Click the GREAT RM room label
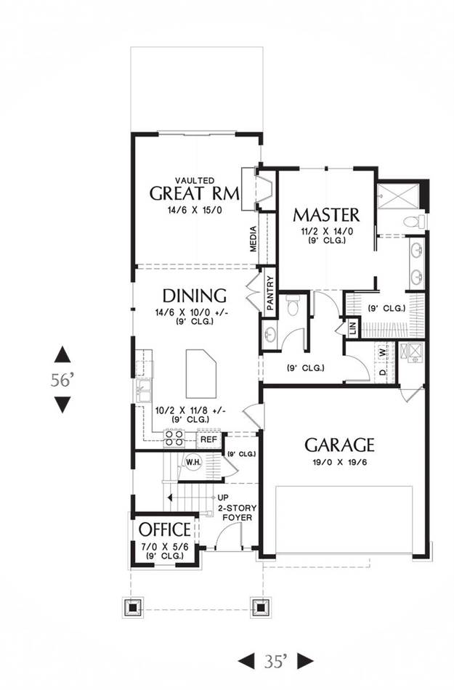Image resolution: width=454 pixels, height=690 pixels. click(x=195, y=194)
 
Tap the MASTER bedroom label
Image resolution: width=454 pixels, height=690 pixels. click(x=326, y=215)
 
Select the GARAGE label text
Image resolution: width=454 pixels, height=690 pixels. click(x=340, y=445)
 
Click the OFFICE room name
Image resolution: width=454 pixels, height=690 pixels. click(x=165, y=529)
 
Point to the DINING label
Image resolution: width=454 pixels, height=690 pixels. click(x=195, y=296)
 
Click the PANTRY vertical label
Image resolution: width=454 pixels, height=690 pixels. click(x=270, y=293)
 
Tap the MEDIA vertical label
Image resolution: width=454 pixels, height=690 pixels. click(x=253, y=239)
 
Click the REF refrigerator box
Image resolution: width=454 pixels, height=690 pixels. click(x=208, y=439)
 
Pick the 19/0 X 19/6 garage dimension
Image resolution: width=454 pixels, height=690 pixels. click(x=340, y=463)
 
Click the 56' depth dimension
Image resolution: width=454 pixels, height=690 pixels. click(x=61, y=380)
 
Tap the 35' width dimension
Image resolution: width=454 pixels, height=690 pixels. click(x=276, y=661)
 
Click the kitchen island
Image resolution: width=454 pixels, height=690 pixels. click(x=201, y=373)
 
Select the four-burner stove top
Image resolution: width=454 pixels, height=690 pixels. click(x=174, y=438)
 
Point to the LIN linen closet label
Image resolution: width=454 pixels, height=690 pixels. click(x=352, y=328)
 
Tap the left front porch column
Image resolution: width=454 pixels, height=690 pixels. click(x=132, y=608)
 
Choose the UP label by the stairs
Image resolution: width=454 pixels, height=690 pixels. click(x=223, y=498)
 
